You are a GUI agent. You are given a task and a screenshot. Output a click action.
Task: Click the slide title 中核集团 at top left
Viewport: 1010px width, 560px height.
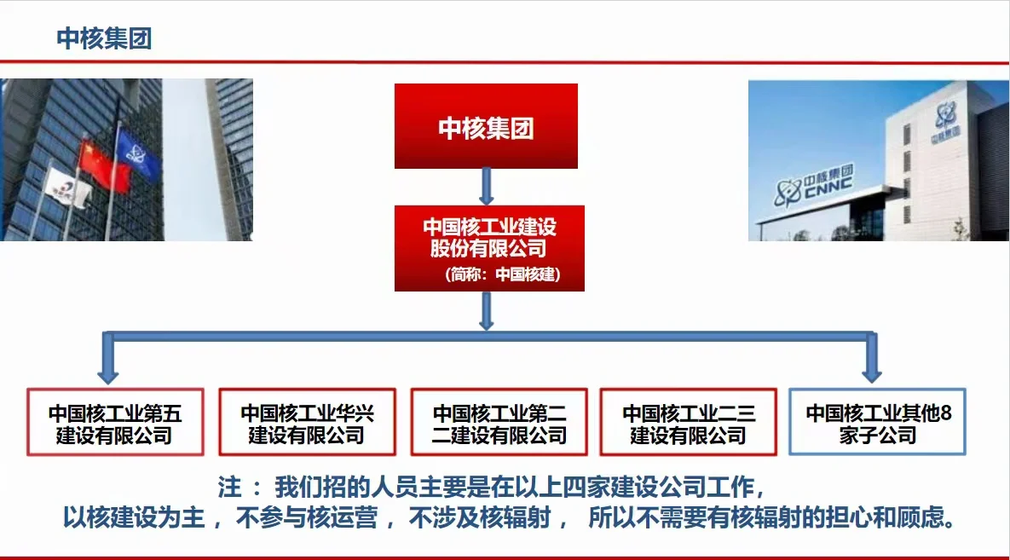click(104, 38)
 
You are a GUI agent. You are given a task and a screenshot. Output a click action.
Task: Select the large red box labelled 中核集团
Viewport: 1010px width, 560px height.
click(486, 126)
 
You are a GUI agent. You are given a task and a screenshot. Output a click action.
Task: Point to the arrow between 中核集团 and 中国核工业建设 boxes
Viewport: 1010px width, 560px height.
click(486, 186)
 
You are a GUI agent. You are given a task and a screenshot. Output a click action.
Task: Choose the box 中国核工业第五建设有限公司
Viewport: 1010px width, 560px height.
click(115, 423)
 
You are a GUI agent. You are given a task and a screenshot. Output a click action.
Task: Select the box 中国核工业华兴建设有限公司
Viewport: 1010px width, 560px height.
click(307, 423)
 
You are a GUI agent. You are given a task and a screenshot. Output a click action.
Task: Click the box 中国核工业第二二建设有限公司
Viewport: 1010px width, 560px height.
click(499, 423)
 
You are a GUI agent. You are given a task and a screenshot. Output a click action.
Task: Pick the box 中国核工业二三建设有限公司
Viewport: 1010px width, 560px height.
click(689, 423)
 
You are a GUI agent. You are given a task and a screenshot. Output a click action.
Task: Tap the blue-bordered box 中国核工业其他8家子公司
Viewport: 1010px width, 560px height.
click(878, 423)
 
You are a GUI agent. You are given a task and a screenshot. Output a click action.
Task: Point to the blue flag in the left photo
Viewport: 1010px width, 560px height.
click(138, 153)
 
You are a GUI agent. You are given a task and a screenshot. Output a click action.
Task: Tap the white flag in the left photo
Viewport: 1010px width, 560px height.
click(68, 188)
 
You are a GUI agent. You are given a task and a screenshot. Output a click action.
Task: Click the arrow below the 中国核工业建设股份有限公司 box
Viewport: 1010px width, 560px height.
click(486, 311)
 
